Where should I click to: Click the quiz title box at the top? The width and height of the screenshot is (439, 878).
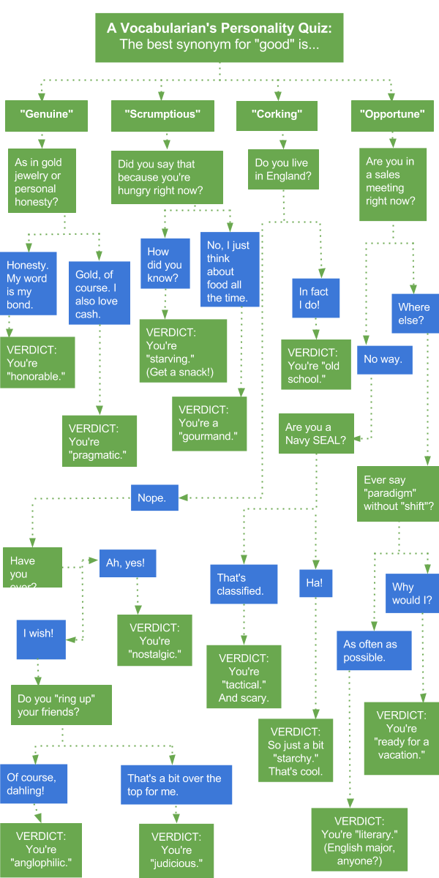(219, 36)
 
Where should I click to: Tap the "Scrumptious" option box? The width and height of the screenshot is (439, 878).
(161, 115)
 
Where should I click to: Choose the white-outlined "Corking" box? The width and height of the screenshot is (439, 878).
(277, 115)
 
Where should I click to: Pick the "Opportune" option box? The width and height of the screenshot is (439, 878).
(392, 115)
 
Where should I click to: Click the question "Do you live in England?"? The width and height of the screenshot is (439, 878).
(282, 169)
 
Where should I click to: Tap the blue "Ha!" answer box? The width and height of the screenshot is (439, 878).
(315, 584)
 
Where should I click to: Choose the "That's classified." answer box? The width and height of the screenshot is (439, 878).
(244, 584)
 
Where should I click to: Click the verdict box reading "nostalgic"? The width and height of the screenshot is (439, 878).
(154, 640)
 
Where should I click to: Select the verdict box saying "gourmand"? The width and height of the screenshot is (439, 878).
(209, 423)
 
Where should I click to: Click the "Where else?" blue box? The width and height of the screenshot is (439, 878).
(413, 313)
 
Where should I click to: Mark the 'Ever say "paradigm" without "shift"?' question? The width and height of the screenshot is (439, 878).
(397, 493)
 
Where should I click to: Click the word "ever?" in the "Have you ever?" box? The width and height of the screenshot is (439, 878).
(23, 586)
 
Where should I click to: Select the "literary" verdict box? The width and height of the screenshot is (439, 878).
(359, 841)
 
